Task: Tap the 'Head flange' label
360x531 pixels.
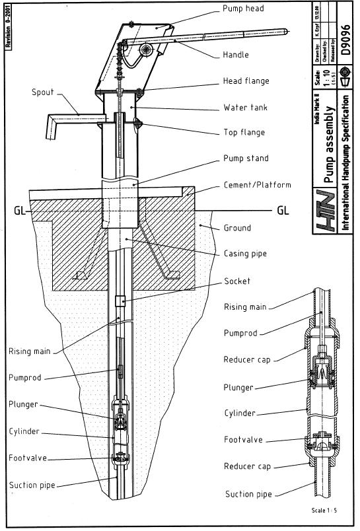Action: (x=246, y=81)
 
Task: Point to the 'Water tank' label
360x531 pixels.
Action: (x=245, y=107)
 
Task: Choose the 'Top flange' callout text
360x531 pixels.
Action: (x=244, y=133)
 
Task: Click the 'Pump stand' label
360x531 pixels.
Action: (x=246, y=159)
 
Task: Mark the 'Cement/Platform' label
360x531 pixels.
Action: (x=257, y=185)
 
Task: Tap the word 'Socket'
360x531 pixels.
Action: (x=237, y=281)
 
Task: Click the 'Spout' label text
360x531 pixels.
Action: (x=43, y=92)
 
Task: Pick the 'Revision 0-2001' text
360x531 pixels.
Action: (x=8, y=27)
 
